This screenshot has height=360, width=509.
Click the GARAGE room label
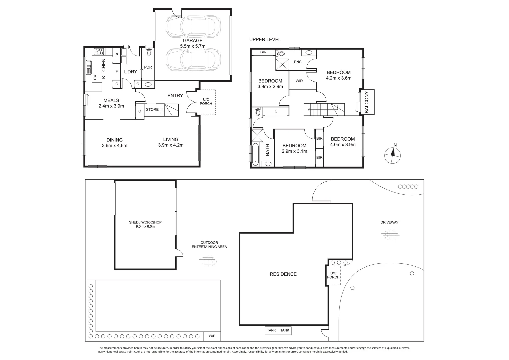click(x=192, y=41)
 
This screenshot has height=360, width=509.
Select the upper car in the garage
click(x=193, y=26)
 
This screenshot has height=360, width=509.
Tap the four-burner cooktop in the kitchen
click(x=99, y=51)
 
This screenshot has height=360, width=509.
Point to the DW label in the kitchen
click(x=95, y=77)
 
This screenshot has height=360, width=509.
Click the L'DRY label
click(x=131, y=72)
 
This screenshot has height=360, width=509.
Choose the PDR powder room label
click(x=148, y=67)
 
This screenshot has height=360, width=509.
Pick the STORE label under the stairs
click(x=152, y=109)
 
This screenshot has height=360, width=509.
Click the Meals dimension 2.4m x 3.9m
click(x=111, y=106)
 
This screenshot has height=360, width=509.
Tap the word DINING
click(x=114, y=140)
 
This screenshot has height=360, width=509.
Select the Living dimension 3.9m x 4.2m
click(x=171, y=145)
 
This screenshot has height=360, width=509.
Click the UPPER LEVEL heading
click(x=265, y=40)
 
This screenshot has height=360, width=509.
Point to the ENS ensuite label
click(x=297, y=62)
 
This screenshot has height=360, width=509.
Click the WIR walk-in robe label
click(x=299, y=81)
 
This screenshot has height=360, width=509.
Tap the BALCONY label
click(x=366, y=102)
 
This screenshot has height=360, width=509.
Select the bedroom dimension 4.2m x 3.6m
click(x=339, y=78)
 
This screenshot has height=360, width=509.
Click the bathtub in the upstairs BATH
click(x=255, y=154)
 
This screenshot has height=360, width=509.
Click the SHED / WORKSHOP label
click(x=145, y=222)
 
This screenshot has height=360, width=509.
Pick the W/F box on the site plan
click(x=212, y=336)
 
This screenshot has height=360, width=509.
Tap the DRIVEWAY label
click(x=389, y=222)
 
